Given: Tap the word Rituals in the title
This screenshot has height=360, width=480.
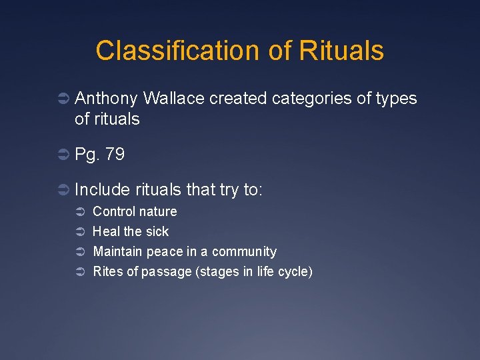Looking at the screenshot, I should point(341,51).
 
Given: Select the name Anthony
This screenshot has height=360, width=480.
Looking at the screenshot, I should point(107,99).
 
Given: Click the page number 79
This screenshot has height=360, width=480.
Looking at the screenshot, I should point(115,155).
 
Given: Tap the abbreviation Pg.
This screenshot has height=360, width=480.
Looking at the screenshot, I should point(87,155).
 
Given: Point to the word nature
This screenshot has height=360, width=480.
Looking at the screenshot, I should point(159,211).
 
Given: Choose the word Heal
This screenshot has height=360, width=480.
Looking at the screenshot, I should point(105,231).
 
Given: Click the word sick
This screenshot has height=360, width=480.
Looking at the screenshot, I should point(157,231).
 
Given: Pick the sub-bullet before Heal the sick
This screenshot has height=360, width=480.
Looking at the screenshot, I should point(77,232).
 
